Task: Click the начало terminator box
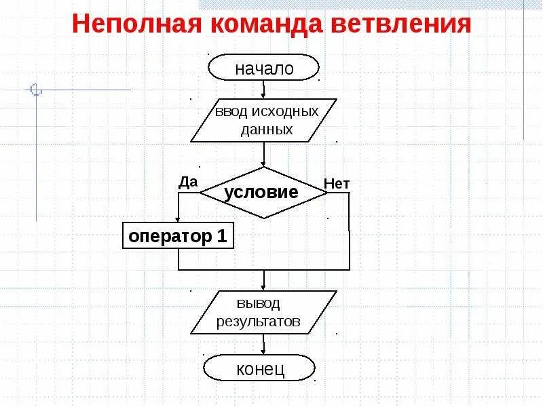(x=264, y=69)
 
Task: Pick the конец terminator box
(x=260, y=369)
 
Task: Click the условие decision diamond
(x=264, y=192)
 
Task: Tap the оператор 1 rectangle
(x=178, y=237)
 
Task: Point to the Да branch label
(x=188, y=181)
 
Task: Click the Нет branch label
(x=337, y=183)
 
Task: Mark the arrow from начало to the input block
(x=264, y=90)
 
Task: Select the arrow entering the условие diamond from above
(x=264, y=156)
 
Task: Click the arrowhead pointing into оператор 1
(x=178, y=218)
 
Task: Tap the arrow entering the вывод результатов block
(x=264, y=282)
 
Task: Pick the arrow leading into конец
(x=264, y=346)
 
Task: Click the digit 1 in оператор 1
(x=221, y=237)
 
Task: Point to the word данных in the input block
(x=266, y=130)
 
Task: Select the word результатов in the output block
(x=258, y=322)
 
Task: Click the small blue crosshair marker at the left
(x=37, y=90)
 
